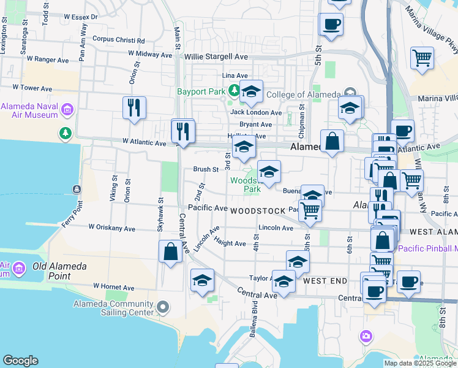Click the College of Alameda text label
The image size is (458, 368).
click(302, 94)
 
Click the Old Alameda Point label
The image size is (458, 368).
click(59, 267)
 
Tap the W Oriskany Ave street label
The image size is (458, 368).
click(111, 227)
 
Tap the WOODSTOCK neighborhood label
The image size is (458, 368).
click(258, 211)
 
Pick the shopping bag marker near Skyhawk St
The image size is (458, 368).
click(170, 252)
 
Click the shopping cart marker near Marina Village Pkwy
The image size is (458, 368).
click(422, 59)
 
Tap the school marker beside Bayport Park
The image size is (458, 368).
click(251, 92)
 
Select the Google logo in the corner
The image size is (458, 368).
click(20, 361)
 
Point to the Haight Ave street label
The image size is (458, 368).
click(230, 243)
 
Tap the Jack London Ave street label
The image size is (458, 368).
click(256, 112)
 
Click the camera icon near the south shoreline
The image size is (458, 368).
click(366, 335)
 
